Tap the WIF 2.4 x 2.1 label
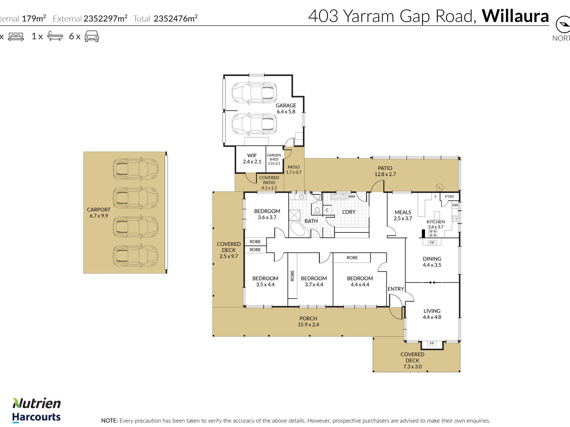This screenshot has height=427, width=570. (x=252, y=158)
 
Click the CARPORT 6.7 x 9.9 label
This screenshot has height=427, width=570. (x=99, y=212)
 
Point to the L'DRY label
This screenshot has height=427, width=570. (x=349, y=212)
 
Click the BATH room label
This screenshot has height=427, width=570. (x=311, y=221)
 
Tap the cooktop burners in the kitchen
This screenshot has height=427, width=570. (x=432, y=233)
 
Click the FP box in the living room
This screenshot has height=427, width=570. (x=431, y=343)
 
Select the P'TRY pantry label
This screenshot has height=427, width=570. (x=450, y=196)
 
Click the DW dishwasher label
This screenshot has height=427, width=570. (x=455, y=205)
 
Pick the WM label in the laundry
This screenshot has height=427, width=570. (x=351, y=196)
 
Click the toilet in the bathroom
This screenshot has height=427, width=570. (x=317, y=210)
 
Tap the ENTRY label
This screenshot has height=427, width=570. (x=396, y=289)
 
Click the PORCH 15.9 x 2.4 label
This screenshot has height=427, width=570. (x=308, y=321)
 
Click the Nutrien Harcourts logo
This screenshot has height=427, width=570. (x=37, y=411)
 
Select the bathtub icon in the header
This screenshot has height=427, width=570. (x=55, y=36)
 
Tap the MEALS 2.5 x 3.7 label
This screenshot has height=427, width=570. (x=403, y=215)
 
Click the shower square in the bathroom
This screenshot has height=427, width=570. (x=295, y=215)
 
